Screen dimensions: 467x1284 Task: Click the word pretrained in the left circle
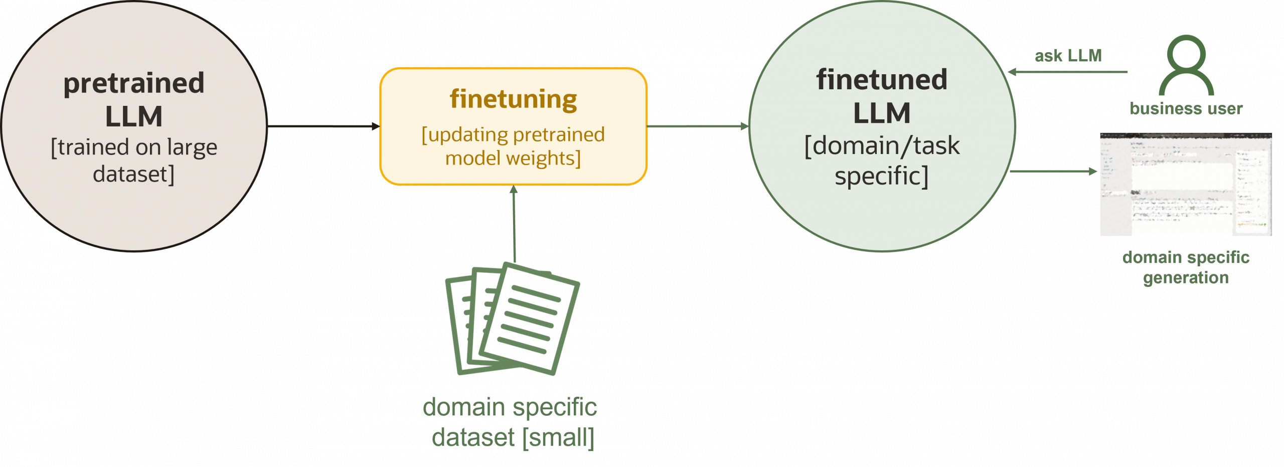tap(134, 83)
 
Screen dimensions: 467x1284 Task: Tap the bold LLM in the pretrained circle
tap(134, 116)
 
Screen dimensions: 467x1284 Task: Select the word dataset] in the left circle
tap(134, 175)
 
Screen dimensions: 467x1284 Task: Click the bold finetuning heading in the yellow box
tap(513, 99)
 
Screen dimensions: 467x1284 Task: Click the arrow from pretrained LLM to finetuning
tap(324, 126)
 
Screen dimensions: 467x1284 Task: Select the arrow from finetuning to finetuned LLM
tap(697, 126)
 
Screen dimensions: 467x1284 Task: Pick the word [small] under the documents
tap(558, 438)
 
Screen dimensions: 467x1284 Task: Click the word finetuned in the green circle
tap(882, 80)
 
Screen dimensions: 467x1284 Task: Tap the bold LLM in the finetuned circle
tap(882, 113)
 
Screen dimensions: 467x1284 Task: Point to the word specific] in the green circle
tap(882, 176)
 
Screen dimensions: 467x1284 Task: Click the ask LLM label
tap(1068, 56)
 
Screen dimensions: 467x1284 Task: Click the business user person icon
tap(1186, 65)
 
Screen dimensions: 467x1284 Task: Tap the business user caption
tap(1186, 109)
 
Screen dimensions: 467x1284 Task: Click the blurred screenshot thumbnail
tap(1186, 184)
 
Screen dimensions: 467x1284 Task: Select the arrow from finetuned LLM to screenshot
tap(1053, 171)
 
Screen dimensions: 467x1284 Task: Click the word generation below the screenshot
tap(1186, 277)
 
